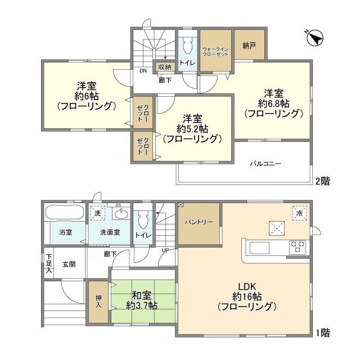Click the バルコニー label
[265, 164]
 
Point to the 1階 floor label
[322, 333]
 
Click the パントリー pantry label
[199, 222]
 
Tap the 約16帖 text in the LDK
[246, 296]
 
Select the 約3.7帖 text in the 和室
[142, 305]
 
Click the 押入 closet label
[98, 302]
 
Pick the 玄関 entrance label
[69, 263]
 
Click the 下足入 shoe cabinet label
[49, 263]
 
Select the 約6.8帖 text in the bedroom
[273, 103]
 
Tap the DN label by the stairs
[143, 71]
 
